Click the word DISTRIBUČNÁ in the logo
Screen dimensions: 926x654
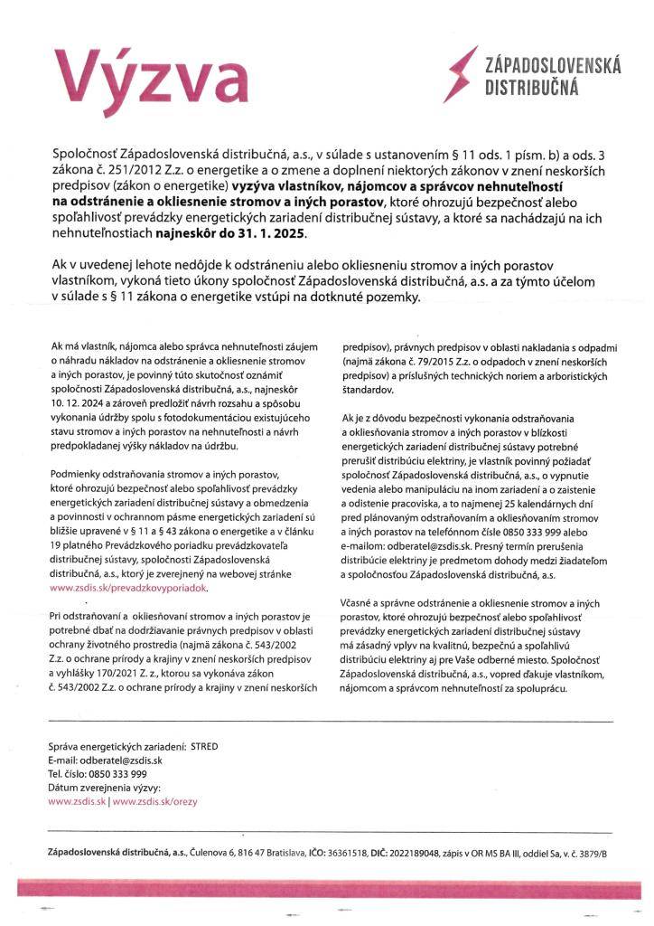click(533, 89)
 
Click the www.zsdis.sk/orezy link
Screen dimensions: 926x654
click(150, 800)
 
